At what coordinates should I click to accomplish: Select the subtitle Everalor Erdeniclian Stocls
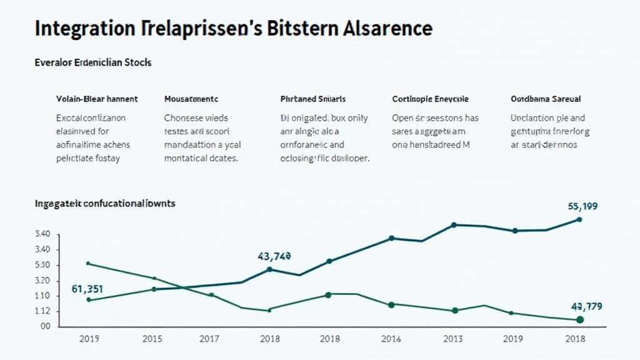(x=93, y=63)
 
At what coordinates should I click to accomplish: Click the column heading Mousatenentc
(x=191, y=99)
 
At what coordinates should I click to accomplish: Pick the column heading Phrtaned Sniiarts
(x=313, y=99)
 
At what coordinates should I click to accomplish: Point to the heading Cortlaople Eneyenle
(x=430, y=99)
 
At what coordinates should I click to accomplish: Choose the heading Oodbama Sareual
(x=546, y=99)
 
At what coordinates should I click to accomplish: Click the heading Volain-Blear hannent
(x=97, y=99)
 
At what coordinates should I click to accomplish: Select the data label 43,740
(x=274, y=256)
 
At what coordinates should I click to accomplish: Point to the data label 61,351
(x=87, y=289)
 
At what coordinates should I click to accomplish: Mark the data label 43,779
(x=586, y=306)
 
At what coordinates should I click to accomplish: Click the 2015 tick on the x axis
(x=152, y=339)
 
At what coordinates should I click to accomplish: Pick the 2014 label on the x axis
(x=391, y=339)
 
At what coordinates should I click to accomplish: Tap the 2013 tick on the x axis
(x=452, y=339)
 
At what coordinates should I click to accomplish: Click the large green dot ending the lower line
(x=579, y=320)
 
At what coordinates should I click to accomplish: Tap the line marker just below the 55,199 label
(x=579, y=219)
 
